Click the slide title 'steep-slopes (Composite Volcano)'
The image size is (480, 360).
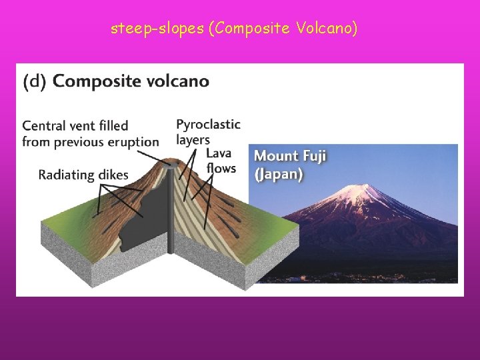pos(235,29)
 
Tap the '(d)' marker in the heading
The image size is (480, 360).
pos(35,82)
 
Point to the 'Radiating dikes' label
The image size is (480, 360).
pos(83,175)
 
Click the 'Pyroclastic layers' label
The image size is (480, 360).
pos(207,132)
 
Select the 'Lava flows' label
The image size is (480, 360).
pos(221,161)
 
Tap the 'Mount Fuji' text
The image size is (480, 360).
pos(290,157)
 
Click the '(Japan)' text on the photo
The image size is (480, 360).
pos(279,175)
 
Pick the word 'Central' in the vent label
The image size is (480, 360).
pos(43,125)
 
